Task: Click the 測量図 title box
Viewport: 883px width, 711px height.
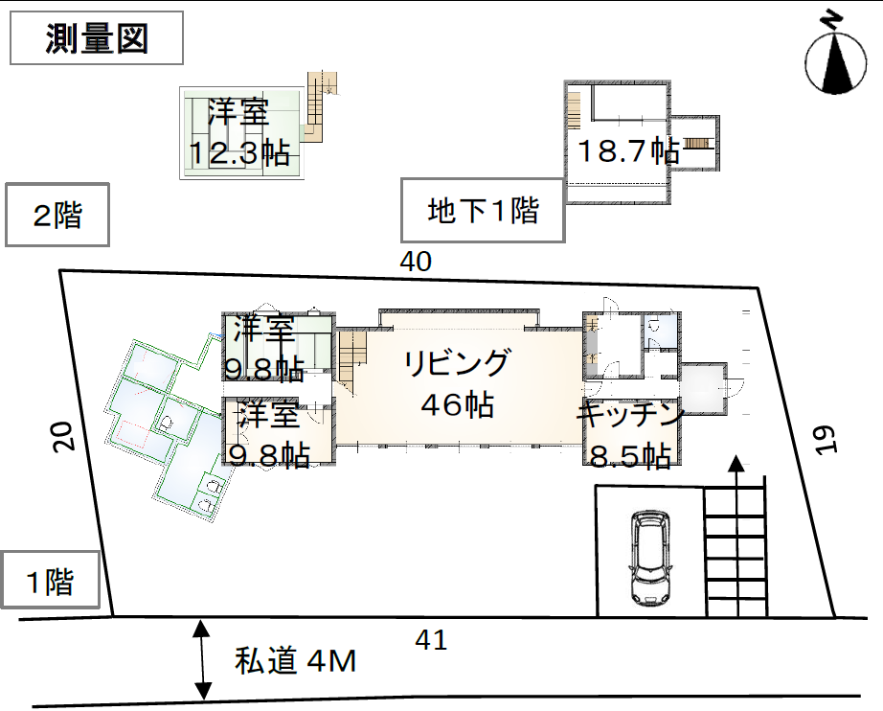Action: pos(97,37)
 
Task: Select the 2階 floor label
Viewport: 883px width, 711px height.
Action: pos(57,215)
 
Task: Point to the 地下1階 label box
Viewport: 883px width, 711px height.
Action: pos(483,211)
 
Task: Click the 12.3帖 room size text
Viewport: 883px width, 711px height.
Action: pos(239,152)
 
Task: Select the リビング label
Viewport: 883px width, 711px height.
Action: pos(457,362)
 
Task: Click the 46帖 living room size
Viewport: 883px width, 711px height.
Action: pos(457,404)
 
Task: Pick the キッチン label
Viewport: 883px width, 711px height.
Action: pos(629,415)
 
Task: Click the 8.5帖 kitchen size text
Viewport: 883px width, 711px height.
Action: pos(629,455)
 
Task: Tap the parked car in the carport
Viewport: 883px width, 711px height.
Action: pos(650,558)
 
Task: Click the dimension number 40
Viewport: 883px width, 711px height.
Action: pos(416,262)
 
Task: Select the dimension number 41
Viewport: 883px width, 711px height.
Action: pos(431,640)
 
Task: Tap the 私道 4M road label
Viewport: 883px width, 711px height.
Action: pos(296,660)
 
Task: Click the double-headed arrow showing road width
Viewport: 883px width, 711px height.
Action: pos(202,659)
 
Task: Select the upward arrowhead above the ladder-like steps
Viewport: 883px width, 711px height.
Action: pos(736,463)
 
